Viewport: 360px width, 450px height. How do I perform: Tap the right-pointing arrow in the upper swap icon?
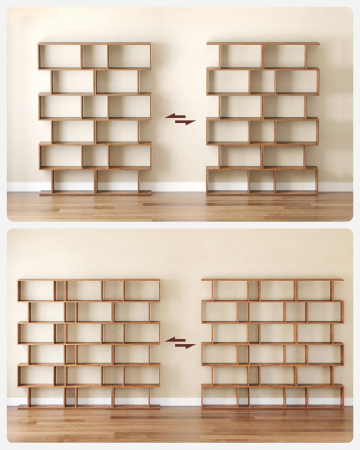tap(185, 122)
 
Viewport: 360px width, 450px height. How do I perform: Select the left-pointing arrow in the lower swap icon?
tap(175, 340)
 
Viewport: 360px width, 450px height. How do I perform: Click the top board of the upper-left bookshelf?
tap(95, 43)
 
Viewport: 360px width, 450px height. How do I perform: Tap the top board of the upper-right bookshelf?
tap(263, 43)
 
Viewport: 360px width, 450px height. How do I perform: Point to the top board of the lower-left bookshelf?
tap(88, 280)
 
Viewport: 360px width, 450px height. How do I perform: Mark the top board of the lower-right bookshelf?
tap(272, 280)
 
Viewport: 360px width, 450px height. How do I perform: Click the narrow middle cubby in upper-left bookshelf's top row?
tap(95, 56)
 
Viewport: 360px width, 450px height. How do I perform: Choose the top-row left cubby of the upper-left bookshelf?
tap(60, 56)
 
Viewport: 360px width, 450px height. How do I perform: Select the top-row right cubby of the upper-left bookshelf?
tap(128, 56)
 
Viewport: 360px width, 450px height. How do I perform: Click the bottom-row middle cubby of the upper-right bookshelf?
tap(262, 180)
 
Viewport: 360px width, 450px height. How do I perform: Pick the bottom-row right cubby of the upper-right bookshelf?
tap(296, 180)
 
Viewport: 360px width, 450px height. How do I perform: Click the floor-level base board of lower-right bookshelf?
tap(272, 407)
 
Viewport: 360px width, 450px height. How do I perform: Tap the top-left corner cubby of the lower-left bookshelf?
tap(36, 290)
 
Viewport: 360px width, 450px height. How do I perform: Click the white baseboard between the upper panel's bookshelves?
tap(180, 187)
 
